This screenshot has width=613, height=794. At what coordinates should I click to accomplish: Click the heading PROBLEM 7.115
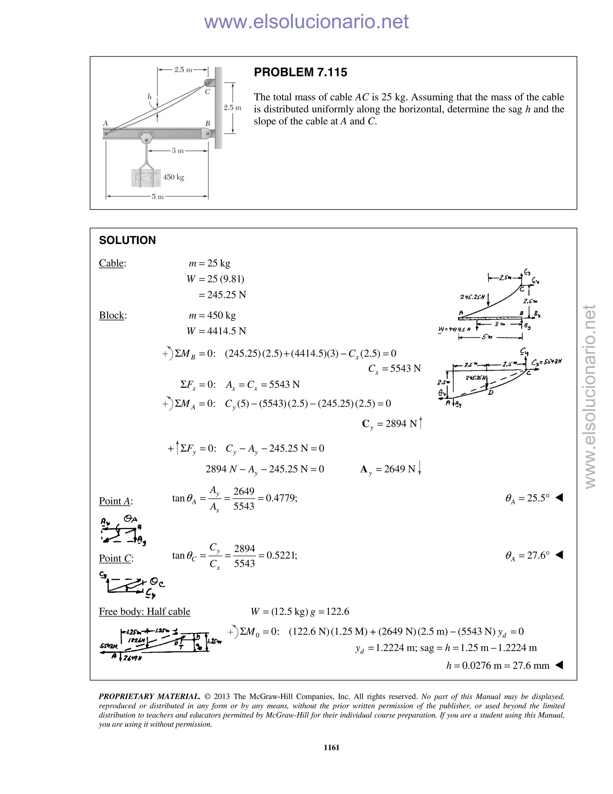click(300, 72)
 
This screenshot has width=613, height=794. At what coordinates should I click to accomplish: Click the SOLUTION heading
click(127, 240)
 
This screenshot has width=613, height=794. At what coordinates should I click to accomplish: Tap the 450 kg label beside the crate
click(173, 177)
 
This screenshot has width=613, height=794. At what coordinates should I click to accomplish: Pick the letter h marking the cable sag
click(149, 97)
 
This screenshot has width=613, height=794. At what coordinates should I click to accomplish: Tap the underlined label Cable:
click(112, 263)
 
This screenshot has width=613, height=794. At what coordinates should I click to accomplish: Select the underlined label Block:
click(113, 315)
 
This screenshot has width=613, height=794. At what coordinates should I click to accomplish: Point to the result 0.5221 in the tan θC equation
click(281, 556)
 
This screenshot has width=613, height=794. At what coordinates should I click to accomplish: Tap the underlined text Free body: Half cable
click(145, 612)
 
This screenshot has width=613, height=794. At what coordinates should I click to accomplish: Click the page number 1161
click(331, 748)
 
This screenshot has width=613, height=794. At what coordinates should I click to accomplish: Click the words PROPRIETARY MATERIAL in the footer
click(149, 697)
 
